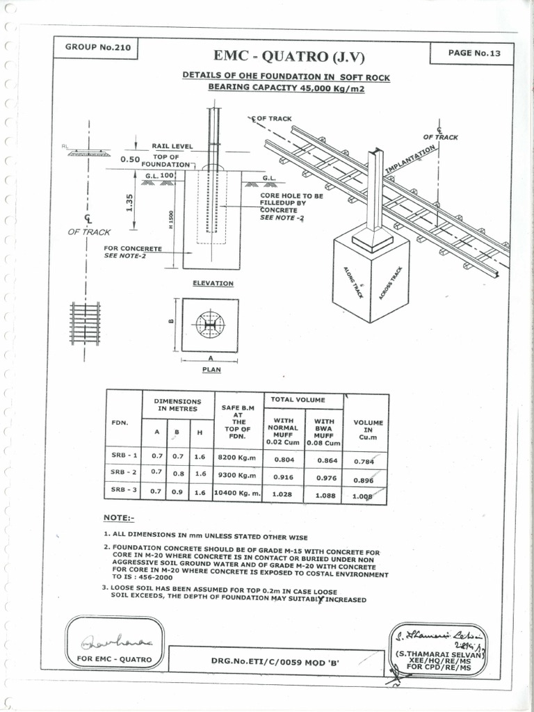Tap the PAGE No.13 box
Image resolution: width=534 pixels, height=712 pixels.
471,53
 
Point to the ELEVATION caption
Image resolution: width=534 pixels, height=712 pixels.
213,284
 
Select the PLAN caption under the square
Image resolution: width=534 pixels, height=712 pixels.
211,369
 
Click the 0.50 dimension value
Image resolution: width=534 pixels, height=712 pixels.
130,159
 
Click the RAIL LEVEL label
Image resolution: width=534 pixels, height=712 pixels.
172,146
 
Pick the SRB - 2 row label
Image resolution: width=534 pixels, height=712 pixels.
125,474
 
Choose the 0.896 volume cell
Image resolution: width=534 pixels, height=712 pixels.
364,480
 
